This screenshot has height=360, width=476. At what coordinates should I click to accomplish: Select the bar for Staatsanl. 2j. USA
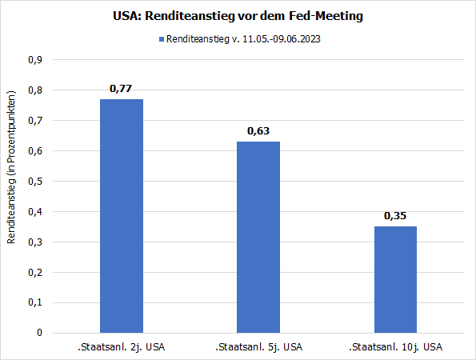click(121, 216)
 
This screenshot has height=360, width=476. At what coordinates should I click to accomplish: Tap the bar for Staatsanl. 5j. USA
click(258, 237)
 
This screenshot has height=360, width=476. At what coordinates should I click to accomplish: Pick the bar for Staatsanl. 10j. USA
click(394, 279)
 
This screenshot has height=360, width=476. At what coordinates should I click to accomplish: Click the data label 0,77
click(121, 88)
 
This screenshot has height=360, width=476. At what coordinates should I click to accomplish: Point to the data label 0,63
click(258, 130)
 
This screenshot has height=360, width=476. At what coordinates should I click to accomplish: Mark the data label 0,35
click(395, 215)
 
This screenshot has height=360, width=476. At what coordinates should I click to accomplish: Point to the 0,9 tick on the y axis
click(35, 60)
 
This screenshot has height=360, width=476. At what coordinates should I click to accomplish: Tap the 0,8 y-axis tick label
click(35, 90)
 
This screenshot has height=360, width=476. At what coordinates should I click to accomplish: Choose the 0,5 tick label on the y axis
click(35, 182)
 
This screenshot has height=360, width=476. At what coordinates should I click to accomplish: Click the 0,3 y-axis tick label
click(35, 242)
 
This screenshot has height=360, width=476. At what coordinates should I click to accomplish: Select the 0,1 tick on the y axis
click(35, 303)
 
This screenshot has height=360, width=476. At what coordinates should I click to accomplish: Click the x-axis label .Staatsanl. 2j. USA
click(121, 347)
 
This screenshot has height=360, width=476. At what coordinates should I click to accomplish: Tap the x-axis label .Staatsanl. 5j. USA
click(258, 347)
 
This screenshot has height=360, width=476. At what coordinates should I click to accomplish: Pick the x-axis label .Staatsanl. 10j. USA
click(394, 347)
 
